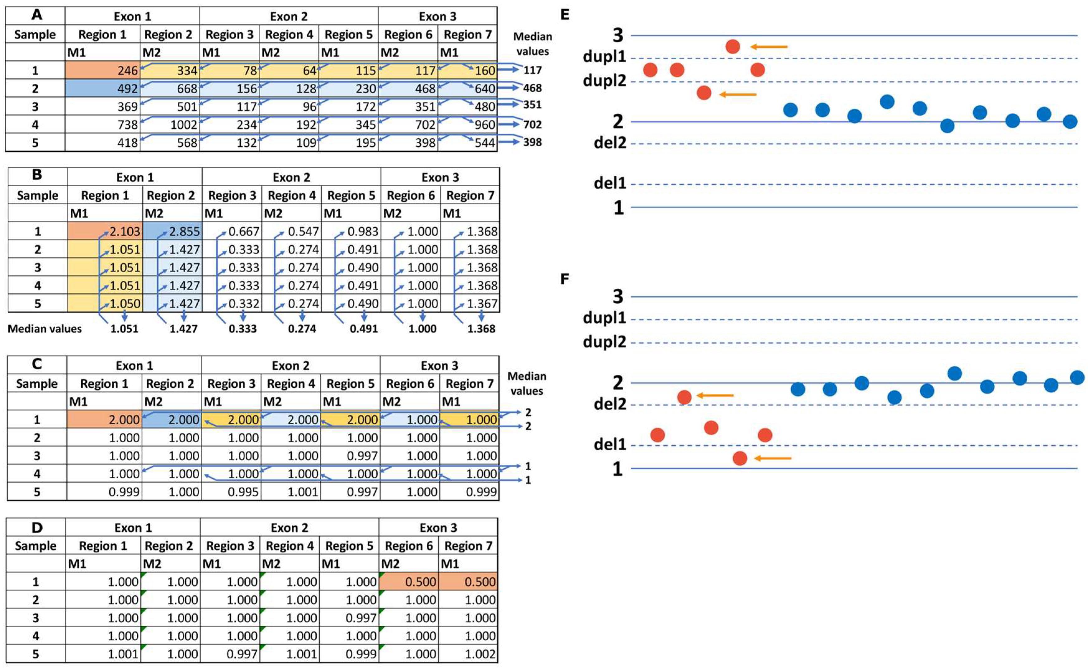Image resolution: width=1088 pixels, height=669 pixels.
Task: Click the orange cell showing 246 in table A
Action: coord(103,70)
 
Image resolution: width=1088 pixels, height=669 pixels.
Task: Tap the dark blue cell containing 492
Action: coord(103,88)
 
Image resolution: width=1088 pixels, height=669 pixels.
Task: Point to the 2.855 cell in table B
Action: coord(172,231)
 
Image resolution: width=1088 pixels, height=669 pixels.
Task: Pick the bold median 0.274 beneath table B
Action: coord(302,329)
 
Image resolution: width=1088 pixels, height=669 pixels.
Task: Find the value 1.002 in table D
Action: coord(480,654)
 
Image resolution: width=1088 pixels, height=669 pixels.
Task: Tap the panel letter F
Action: coord(564,279)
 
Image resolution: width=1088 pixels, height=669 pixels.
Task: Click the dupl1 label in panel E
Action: coord(605,57)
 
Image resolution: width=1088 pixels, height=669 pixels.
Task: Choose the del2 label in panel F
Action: coord(610,404)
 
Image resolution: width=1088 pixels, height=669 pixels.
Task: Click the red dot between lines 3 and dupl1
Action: coord(733,46)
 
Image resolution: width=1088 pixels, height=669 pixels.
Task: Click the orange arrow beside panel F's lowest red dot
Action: coord(773,458)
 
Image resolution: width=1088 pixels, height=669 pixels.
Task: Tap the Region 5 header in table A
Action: coord(349,35)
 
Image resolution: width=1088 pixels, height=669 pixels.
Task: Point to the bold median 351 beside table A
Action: coord(533,105)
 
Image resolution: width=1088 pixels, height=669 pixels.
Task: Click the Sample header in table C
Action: coord(37,384)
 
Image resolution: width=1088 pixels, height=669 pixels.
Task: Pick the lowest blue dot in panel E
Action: coord(947,126)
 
